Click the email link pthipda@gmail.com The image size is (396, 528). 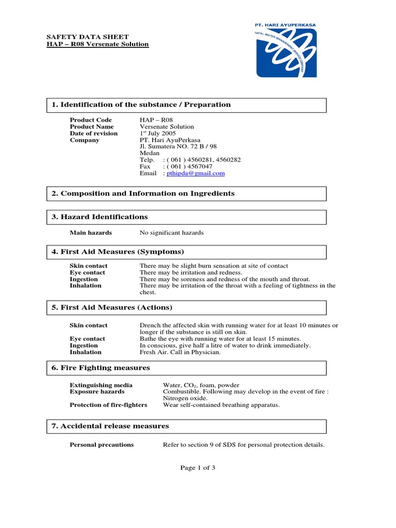(195, 174)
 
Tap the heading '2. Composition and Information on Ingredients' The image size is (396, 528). (143, 193)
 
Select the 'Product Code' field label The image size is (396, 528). (91, 120)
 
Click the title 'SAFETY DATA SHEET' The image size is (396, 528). (78, 37)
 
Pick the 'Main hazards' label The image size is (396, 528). (91, 233)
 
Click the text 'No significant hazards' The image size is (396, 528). (172, 233)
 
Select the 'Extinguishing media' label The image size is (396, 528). (101, 385)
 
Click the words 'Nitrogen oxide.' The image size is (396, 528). (186, 399)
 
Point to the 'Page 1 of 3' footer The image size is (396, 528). (197, 468)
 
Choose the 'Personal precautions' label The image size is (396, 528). (102, 445)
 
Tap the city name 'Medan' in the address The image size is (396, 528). (150, 154)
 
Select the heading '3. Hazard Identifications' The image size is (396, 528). (100, 217)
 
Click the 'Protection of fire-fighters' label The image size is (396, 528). (108, 405)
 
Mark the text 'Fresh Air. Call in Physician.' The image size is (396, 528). (180, 352)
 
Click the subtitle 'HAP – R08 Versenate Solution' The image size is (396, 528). (98, 44)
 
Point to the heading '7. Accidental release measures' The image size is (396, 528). (110, 426)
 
